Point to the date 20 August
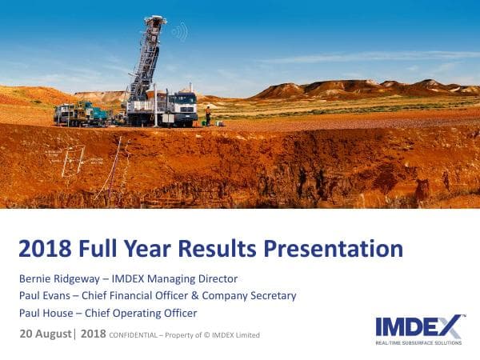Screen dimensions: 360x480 pos(45,334)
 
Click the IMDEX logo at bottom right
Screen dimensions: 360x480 pos(418,326)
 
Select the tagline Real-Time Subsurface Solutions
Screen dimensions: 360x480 pos(418,342)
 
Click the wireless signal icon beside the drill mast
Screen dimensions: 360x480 pos(178,32)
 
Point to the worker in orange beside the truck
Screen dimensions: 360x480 pos(208,116)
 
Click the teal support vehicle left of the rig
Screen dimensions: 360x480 pos(97,114)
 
